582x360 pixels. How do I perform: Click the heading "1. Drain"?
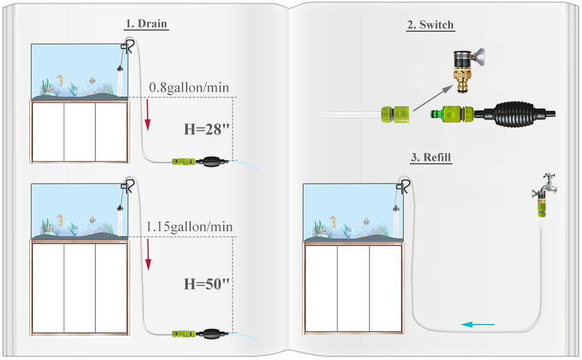pyautogui.click(x=146, y=24)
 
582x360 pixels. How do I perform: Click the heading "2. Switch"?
pyautogui.click(x=430, y=25)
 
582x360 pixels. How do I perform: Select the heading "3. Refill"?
pyautogui.click(x=430, y=158)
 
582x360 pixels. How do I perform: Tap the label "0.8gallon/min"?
pyautogui.click(x=189, y=88)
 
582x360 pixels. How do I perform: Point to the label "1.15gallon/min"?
pyautogui.click(x=189, y=227)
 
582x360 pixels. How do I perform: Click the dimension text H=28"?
pyautogui.click(x=206, y=130)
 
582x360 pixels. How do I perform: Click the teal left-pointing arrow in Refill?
pyautogui.click(x=478, y=325)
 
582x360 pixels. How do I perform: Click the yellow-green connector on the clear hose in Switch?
pyautogui.click(x=394, y=113)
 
